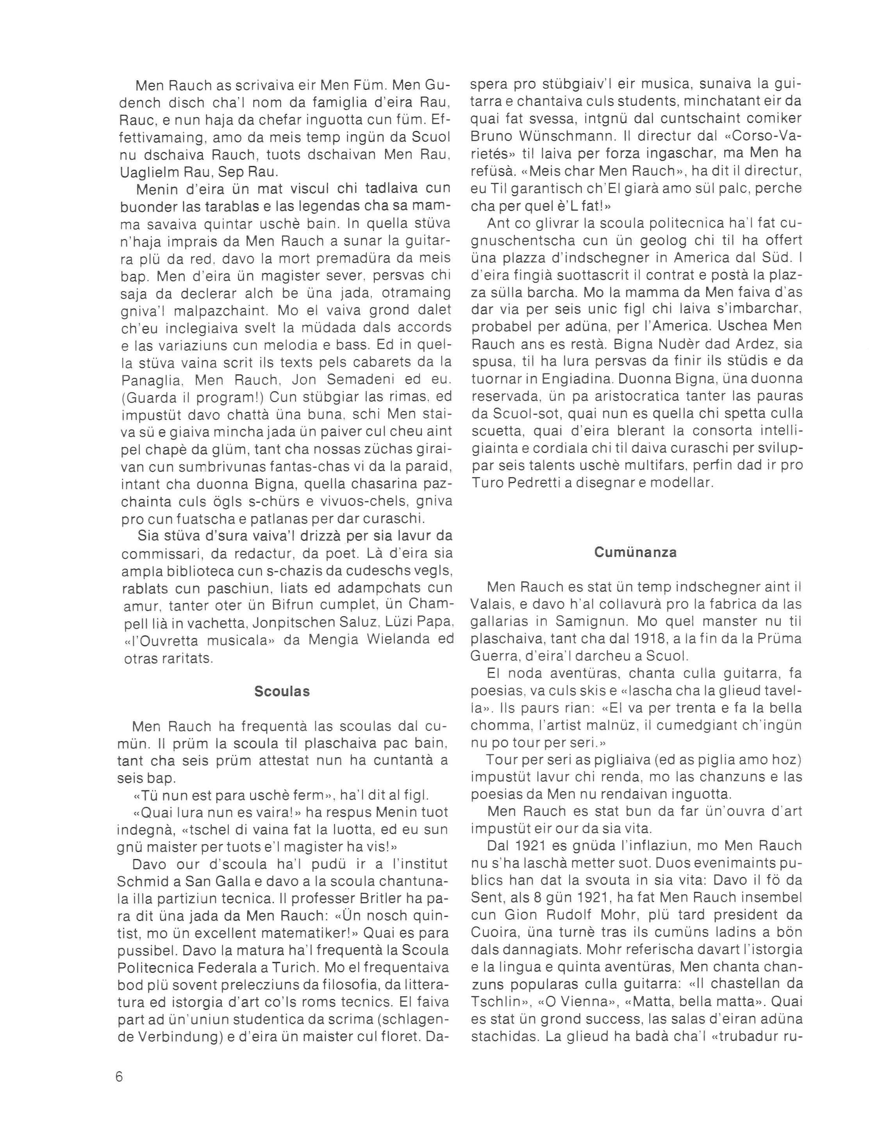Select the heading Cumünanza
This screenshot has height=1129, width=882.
pyautogui.click(x=636, y=552)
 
